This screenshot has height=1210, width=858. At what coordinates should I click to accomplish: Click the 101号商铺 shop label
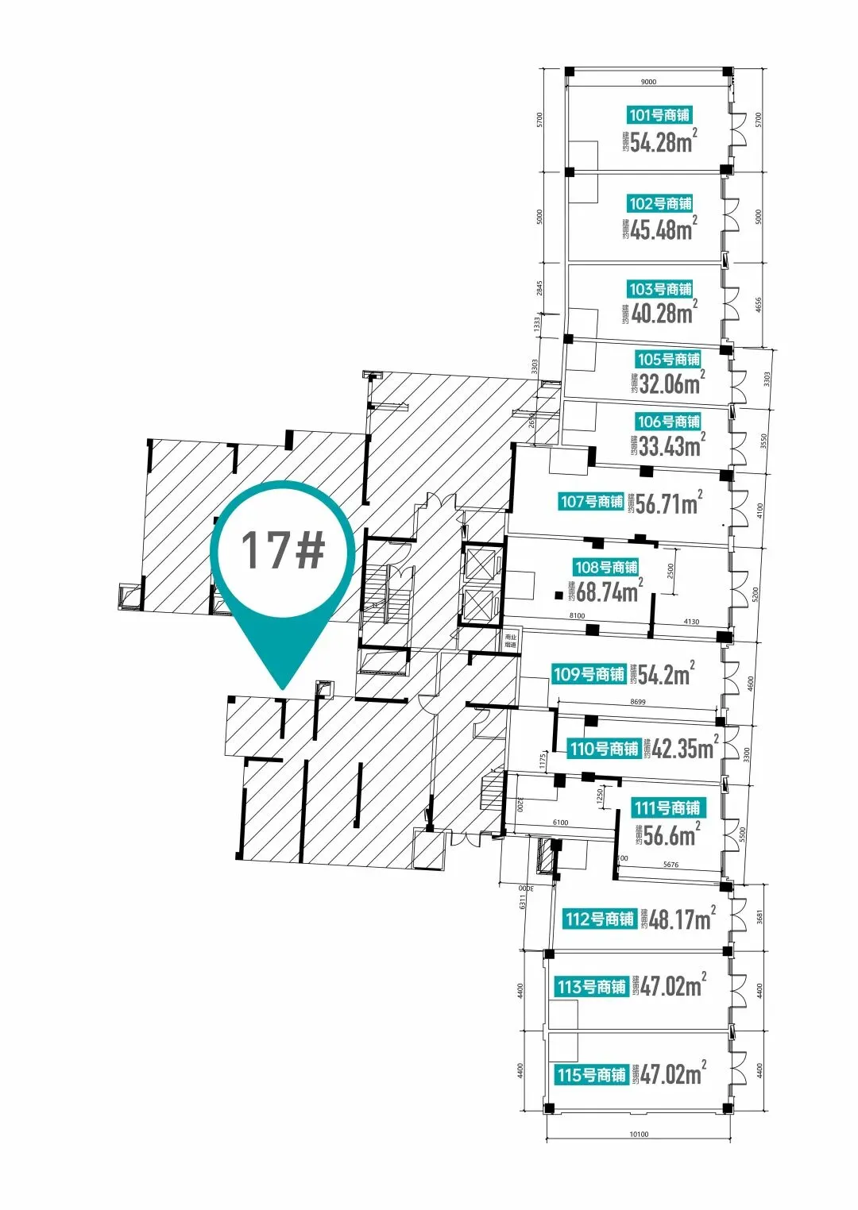[659, 115]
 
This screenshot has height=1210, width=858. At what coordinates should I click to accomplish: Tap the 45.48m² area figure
[664, 229]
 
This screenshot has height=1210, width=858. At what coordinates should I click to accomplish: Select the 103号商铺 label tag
[660, 289]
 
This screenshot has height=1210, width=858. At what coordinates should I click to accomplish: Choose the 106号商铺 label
[668, 422]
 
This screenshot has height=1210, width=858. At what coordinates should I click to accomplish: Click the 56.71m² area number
[669, 503]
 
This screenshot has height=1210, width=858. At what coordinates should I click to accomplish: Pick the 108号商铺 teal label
[606, 567]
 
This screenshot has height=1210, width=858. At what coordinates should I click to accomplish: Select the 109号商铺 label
[589, 674]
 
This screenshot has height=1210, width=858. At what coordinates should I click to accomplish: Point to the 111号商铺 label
[667, 808]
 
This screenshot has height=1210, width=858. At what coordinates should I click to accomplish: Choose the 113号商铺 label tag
[591, 987]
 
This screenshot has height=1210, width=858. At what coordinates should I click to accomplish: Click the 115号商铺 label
[591, 1075]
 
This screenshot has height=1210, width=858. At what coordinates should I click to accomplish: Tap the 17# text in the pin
[283, 549]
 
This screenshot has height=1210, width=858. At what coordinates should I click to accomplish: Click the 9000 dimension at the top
[648, 82]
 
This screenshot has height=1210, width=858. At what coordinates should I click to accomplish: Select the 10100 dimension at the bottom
[639, 1134]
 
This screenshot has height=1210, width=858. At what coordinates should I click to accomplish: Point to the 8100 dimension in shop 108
[577, 615]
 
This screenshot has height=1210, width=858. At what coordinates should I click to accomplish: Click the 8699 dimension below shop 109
[637, 702]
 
